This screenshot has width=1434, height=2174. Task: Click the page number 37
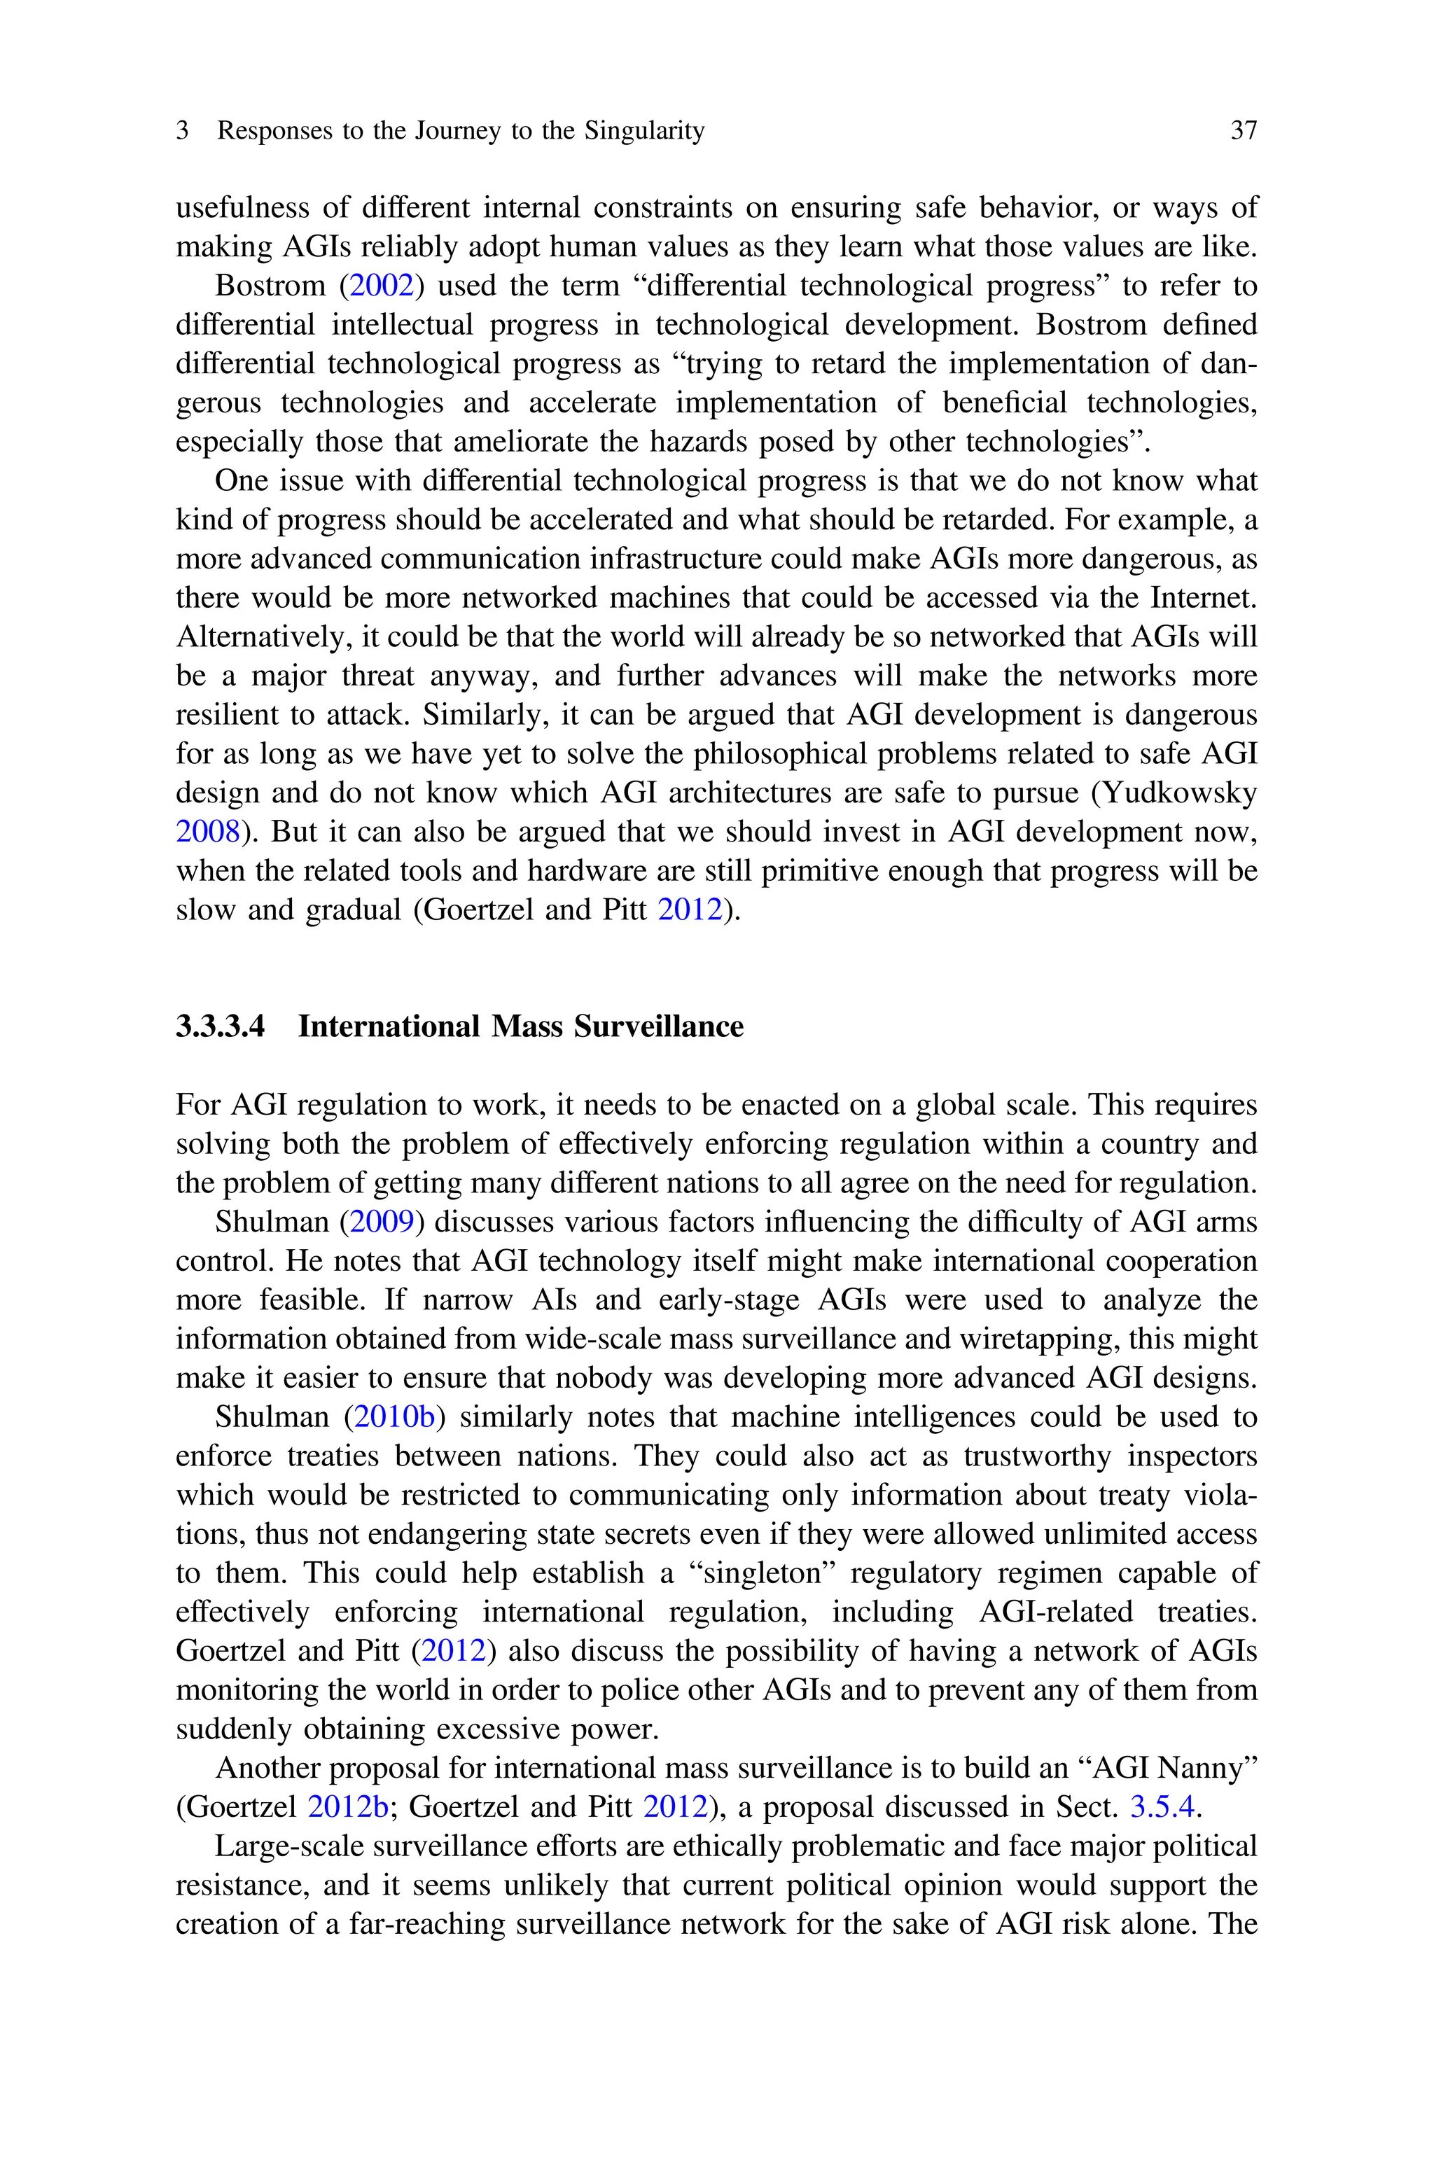click(x=1243, y=131)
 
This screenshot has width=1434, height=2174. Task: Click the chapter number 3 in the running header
click(x=183, y=131)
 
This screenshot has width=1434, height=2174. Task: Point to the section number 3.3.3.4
click(x=221, y=1026)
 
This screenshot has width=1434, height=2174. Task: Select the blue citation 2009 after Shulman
click(x=382, y=1222)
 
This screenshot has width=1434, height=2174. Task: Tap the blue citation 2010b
click(x=394, y=1417)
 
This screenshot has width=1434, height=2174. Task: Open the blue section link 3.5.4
click(x=1162, y=1807)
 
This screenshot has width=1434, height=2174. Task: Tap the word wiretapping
click(x=1037, y=1339)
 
